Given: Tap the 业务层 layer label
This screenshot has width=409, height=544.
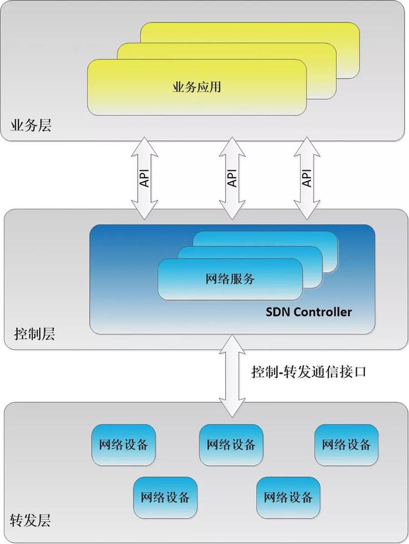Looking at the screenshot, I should pos(31,126).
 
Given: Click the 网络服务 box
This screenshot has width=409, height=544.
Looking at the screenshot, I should pos(230,279).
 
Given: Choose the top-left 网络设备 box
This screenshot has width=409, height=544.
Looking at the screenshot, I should pos(123,444).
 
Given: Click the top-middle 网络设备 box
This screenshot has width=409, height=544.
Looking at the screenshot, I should pos(231,444).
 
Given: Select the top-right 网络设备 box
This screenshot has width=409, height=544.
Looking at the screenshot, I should pos(346,444).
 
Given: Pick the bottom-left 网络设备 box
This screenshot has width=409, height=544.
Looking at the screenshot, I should pos(165,497).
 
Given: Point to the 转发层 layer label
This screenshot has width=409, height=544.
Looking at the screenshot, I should pos(31,521).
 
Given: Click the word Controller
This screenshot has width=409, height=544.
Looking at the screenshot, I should pos(321,312).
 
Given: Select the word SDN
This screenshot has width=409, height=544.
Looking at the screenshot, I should pos(277,312).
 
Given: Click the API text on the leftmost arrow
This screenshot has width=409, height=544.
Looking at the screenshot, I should pos(145,177).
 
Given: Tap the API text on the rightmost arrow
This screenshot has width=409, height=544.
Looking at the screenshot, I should pos(307,177).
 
